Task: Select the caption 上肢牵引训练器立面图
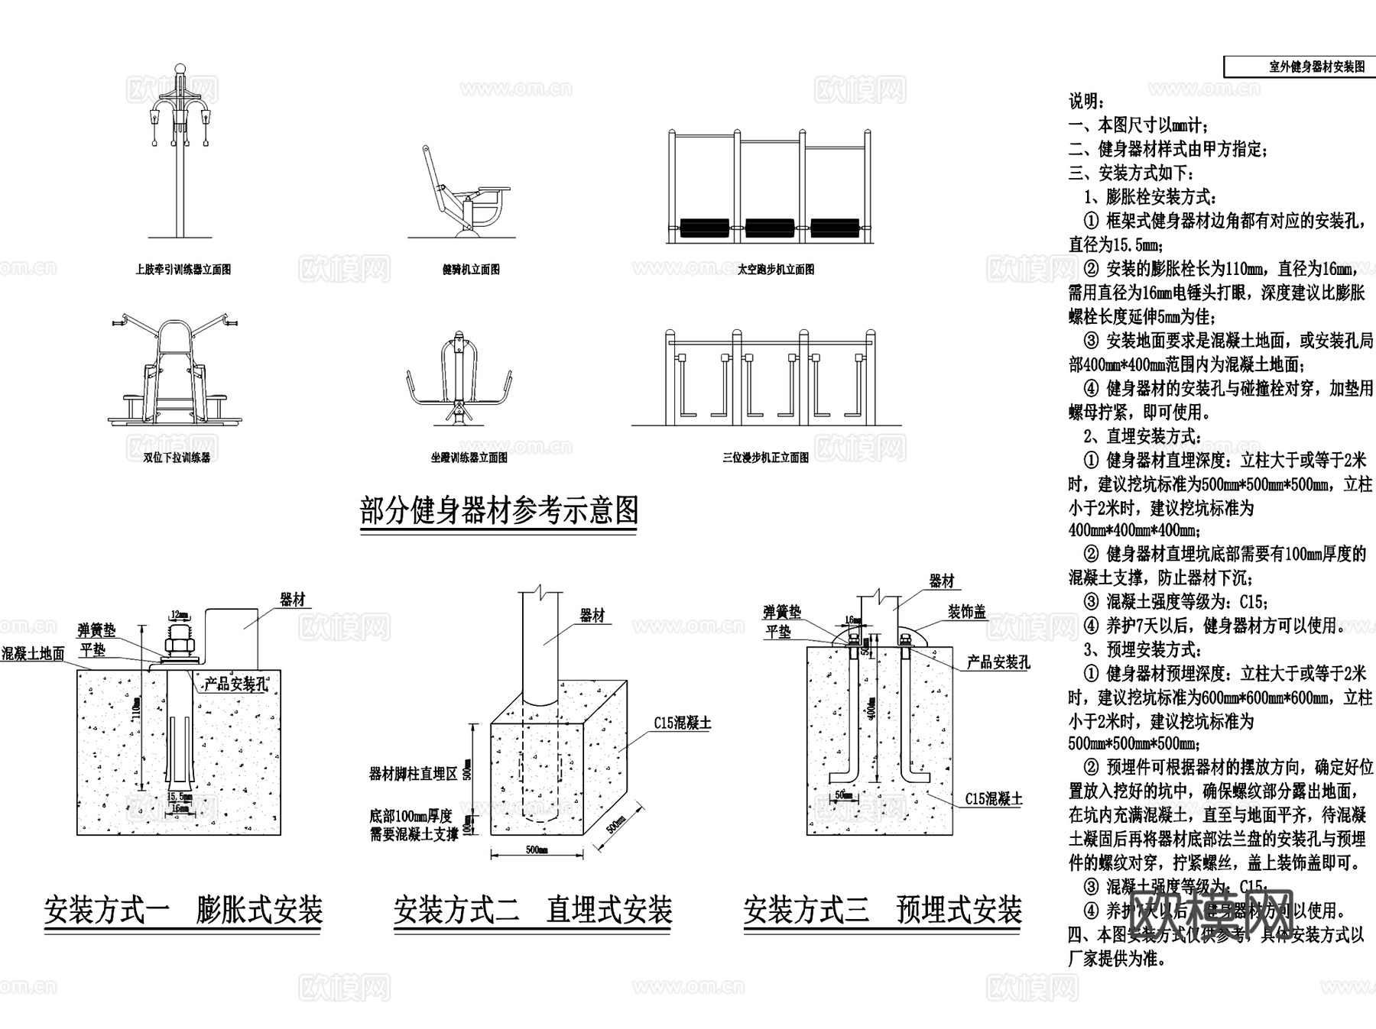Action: (183, 270)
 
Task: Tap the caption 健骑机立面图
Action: (471, 270)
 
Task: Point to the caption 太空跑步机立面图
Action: (776, 270)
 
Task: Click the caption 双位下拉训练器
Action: (177, 458)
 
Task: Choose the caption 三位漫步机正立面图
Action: (765, 458)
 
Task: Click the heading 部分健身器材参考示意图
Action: (498, 510)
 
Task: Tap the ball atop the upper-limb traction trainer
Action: (180, 70)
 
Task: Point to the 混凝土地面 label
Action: (33, 654)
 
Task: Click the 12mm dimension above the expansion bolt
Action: (180, 613)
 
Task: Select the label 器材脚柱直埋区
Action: (414, 774)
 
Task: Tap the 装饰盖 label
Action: (967, 612)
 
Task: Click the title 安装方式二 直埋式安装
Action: (533, 911)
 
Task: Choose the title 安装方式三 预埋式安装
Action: (883, 911)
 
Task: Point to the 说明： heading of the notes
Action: (1086, 102)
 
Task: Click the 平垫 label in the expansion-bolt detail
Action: (93, 649)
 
